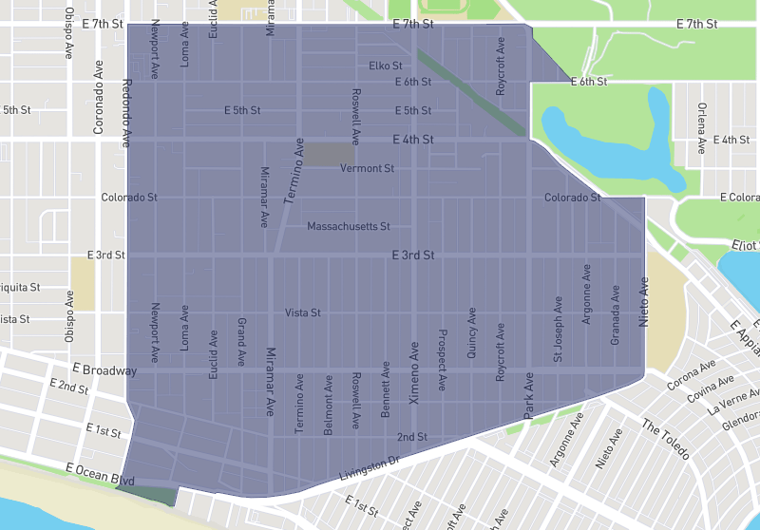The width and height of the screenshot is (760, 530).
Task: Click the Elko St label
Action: [387, 66]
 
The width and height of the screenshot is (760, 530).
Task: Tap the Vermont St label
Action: [367, 168]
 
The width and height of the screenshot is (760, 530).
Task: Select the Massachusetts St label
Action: [349, 227]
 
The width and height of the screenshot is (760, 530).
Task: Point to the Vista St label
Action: [303, 312]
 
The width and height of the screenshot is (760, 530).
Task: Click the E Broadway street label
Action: [104, 369]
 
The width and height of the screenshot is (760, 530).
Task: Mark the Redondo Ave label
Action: [126, 112]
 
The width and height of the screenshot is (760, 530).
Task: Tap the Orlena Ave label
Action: [701, 127]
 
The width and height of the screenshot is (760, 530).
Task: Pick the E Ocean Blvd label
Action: [100, 474]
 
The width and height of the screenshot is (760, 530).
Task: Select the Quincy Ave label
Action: [471, 332]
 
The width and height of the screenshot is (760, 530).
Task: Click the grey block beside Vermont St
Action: [329, 154]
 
